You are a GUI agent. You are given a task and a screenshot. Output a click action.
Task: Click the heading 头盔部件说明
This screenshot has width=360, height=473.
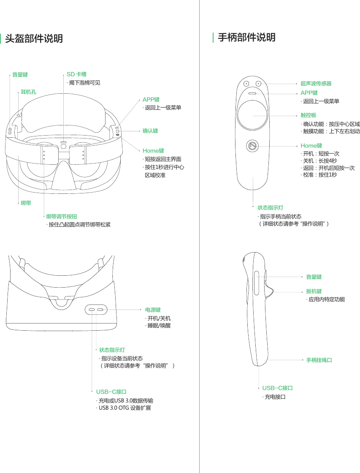point(34,39)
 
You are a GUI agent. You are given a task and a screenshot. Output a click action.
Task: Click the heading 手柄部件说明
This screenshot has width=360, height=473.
point(246,38)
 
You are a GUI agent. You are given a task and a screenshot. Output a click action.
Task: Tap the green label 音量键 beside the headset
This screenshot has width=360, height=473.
point(20,75)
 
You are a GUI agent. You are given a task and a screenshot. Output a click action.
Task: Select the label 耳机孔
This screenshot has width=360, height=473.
point(29,92)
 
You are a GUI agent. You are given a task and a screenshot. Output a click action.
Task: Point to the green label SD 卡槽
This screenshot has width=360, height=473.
point(76,75)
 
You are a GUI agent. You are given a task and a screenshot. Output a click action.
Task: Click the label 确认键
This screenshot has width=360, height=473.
point(150,131)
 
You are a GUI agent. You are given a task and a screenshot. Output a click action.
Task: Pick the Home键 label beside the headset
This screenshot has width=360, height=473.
point(153,151)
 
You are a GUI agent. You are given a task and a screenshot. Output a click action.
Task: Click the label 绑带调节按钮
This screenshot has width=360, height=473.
point(61,217)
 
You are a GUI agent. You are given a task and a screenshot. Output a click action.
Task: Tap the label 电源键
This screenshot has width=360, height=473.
point(153,310)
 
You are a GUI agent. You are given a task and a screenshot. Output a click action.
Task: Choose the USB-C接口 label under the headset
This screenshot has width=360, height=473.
point(111,392)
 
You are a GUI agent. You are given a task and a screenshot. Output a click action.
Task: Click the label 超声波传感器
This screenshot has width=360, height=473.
point(316,84)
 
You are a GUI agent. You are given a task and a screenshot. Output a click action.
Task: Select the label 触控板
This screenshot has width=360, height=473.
point(309,115)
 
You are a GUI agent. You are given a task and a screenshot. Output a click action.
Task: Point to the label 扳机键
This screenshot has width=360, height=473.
point(314,291)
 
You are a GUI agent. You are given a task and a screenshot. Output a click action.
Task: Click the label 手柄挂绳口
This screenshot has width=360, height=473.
point(319,360)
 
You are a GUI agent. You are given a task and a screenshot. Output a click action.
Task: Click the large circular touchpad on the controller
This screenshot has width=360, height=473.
point(252,115)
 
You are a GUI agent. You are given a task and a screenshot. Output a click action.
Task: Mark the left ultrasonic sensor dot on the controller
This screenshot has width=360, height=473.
point(246,84)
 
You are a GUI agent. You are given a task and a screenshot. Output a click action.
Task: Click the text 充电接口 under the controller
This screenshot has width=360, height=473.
point(275,397)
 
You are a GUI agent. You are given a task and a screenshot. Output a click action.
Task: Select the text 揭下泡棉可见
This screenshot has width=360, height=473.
point(84,83)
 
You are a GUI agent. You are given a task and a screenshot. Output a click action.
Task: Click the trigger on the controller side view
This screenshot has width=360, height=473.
point(269,291)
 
